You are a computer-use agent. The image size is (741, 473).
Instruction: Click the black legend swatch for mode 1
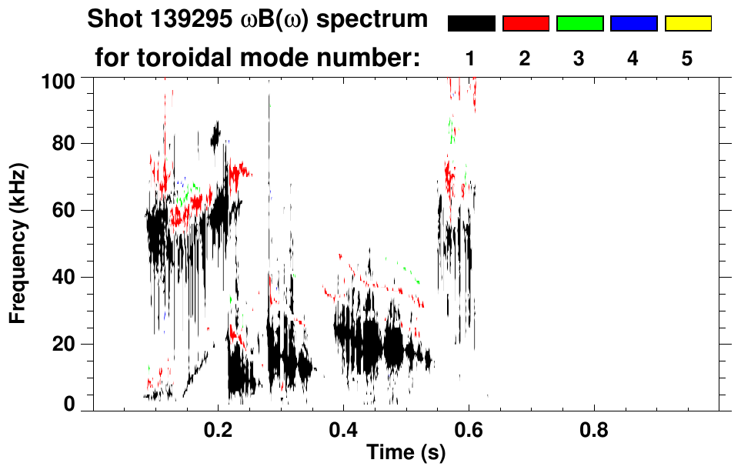[472, 24]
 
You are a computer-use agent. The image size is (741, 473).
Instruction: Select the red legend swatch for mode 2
[526, 24]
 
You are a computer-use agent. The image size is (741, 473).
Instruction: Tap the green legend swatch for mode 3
[579, 24]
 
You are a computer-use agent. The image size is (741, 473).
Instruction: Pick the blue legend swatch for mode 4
[633, 24]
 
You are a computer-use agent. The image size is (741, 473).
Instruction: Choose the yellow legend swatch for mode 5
[687, 24]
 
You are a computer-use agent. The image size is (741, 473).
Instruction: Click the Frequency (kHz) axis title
[18, 242]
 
